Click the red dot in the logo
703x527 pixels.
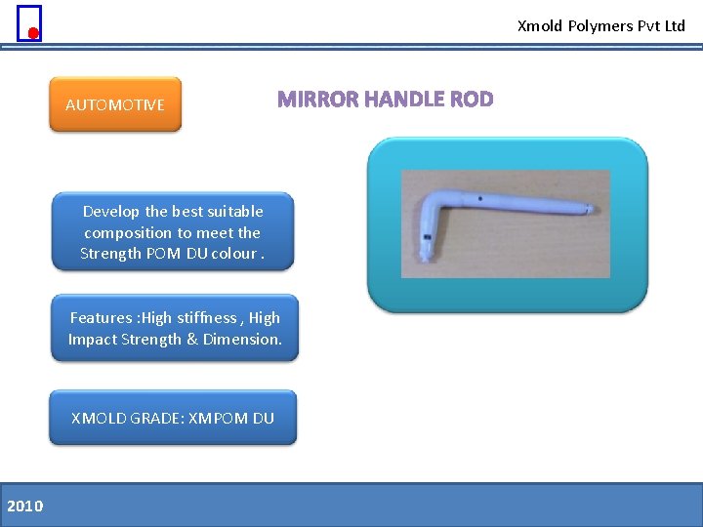pyautogui.click(x=33, y=33)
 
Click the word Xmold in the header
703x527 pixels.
pyautogui.click(x=539, y=26)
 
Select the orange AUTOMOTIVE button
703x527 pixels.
pyautogui.click(x=115, y=104)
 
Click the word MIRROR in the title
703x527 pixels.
pyautogui.click(x=314, y=100)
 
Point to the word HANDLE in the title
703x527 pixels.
pyautogui.click(x=400, y=100)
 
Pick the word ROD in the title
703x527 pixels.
pyautogui.click(x=472, y=100)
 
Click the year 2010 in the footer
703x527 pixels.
pyautogui.click(x=24, y=506)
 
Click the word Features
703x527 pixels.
pyautogui.click(x=103, y=317)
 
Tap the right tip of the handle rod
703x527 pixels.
pyautogui.click(x=589, y=208)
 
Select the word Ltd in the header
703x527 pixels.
pyautogui.click(x=675, y=26)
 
